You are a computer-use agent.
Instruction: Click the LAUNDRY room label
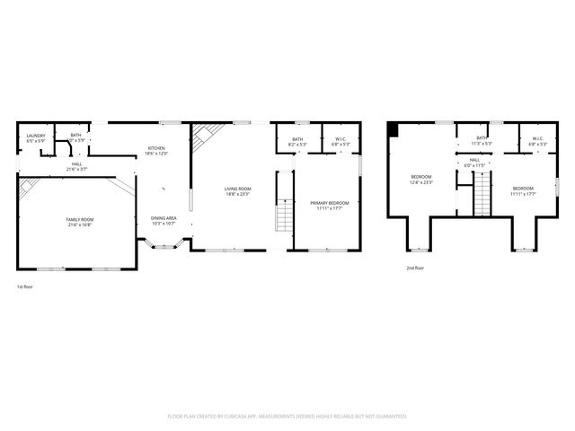click(36, 136)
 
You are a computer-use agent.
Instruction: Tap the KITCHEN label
click(156, 148)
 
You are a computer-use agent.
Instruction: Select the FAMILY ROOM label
click(80, 219)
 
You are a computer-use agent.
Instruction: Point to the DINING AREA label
click(164, 218)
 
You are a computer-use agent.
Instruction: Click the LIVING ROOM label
click(238, 188)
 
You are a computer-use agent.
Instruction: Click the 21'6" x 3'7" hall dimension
click(77, 169)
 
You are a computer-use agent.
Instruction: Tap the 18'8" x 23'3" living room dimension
click(238, 194)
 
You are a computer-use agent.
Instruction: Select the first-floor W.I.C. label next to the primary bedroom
click(341, 138)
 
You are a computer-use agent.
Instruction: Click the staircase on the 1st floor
click(284, 215)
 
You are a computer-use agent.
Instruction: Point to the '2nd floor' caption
click(414, 268)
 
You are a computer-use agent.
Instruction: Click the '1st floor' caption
click(25, 286)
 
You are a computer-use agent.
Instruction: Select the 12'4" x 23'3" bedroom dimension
click(421, 182)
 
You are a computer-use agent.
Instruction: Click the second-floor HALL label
click(473, 160)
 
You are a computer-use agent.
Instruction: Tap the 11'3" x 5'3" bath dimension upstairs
click(482, 144)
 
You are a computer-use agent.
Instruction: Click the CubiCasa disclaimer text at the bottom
click(287, 416)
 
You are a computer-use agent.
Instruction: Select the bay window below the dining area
click(164, 244)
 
